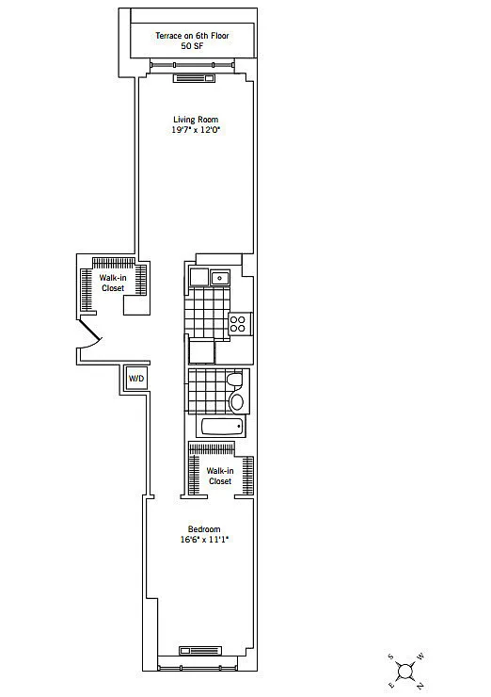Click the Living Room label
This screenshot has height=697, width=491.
[x=196, y=120]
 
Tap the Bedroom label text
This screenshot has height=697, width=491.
[x=204, y=529]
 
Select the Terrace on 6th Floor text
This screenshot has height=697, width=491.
[x=192, y=36]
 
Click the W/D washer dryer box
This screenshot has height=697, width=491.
[x=136, y=379]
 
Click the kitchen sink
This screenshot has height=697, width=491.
[x=220, y=278]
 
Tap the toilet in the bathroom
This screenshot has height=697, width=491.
[x=234, y=380]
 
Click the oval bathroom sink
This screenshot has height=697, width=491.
[x=237, y=402]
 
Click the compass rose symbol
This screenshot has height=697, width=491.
[x=405, y=671]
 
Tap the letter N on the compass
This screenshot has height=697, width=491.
[x=420, y=685]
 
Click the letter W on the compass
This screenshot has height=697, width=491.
[x=420, y=656]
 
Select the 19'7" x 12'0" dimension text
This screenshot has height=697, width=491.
[x=196, y=130]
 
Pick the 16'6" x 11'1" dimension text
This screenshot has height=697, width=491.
[x=204, y=540]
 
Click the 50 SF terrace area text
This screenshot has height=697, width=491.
[x=192, y=46]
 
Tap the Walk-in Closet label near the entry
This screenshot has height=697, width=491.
[x=113, y=283]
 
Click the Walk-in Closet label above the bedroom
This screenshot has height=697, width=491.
[x=220, y=476]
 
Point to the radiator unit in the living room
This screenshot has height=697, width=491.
[x=194, y=78]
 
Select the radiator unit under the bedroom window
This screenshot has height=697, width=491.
[x=200, y=651]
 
